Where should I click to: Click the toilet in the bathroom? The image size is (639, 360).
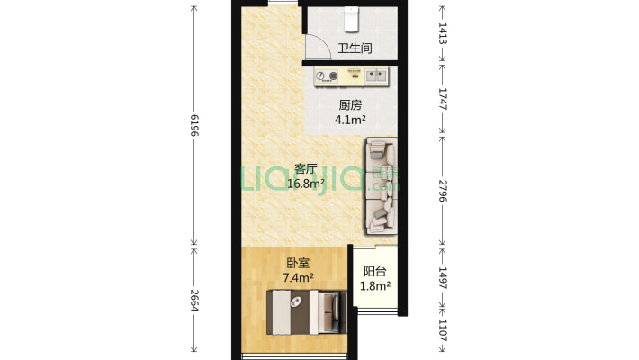coord(351,19)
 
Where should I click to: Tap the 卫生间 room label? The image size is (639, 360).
coord(355,48)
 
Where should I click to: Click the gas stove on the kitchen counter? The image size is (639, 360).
coord(327,76)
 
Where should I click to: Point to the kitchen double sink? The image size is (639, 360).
coord(375,76)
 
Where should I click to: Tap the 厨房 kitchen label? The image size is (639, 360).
coord(350,105)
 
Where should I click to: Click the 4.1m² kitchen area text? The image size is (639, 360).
coord(350,120)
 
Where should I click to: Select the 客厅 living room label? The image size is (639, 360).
coord(306,169)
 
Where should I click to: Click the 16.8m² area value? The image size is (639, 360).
coord(306,184)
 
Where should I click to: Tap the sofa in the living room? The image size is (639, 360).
coord(382,186)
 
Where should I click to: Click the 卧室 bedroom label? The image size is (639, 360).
coord(298,263)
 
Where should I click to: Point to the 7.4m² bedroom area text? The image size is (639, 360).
coord(298,277)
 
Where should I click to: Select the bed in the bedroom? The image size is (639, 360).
coord(307,312)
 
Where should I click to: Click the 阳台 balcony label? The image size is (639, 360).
coord(375,271)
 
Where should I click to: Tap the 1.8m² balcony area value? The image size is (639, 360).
coord(375,286)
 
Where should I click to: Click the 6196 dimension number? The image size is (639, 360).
coord(194,126)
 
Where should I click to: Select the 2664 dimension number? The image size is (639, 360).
coord(194,301)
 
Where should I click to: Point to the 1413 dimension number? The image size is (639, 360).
coord(443,33)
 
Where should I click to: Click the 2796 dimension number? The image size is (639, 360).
coord(443,191)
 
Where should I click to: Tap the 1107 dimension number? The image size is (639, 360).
coord(443,330)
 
